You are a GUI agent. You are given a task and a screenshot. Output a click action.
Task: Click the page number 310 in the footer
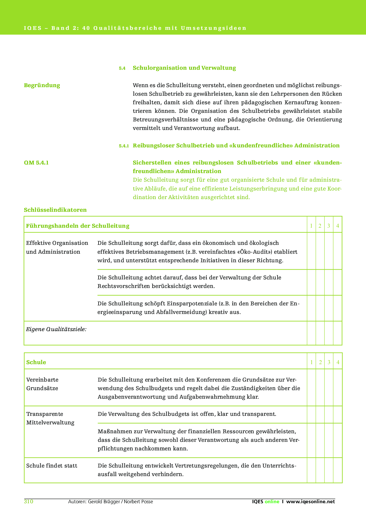tap(28, 501)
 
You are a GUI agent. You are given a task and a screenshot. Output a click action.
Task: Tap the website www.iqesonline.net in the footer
tap(311, 501)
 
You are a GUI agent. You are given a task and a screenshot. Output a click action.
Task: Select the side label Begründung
tap(42, 85)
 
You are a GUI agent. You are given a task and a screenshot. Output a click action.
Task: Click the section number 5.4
tap(122, 68)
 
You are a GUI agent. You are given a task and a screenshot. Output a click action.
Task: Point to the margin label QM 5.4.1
tap(36, 163)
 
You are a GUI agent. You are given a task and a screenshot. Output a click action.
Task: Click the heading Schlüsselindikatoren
tap(55, 210)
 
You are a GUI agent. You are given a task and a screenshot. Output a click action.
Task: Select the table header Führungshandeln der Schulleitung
tap(78, 226)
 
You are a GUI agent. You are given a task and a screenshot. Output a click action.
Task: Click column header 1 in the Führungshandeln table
tap(311, 226)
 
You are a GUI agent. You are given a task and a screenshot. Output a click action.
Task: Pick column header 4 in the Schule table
tap(338, 362)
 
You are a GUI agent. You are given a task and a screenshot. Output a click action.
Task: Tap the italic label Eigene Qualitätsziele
tap(56, 329)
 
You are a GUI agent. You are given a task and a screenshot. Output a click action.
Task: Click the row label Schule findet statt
tap(52, 466)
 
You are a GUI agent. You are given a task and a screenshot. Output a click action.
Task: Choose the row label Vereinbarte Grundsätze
tap(42, 384)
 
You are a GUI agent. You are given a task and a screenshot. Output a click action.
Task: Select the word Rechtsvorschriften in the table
tap(124, 286)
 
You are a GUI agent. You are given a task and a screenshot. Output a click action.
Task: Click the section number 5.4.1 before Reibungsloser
tap(124, 146)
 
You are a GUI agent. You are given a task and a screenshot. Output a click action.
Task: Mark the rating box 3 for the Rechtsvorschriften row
tap(329, 282)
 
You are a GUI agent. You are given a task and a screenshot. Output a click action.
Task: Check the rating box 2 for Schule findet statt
tap(320, 470)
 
